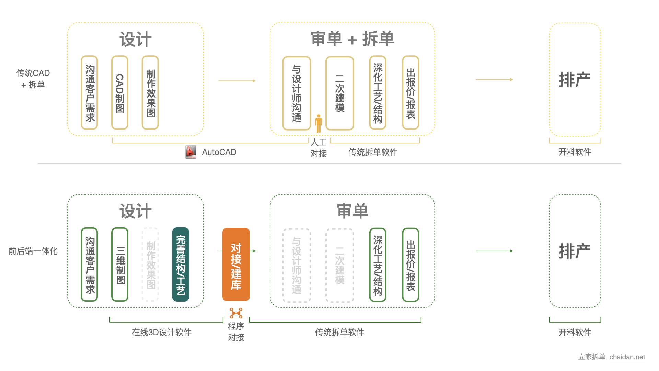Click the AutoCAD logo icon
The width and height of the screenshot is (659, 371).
point(191,152)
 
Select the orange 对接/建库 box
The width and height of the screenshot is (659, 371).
point(236,265)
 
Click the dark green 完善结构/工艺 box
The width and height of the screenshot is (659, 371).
point(181,265)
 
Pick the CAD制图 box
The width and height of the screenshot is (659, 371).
point(120,93)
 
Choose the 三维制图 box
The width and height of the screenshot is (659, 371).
point(120,265)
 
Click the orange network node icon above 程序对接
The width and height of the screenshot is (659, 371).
point(236,313)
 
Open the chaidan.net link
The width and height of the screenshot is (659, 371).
point(627,357)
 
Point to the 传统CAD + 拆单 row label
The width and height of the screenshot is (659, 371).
point(33,79)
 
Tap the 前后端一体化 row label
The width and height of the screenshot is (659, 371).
point(33,251)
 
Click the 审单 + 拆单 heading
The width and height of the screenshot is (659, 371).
point(352,38)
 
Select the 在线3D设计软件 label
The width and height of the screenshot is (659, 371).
point(162,332)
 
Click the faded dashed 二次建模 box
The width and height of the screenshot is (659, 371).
point(340,265)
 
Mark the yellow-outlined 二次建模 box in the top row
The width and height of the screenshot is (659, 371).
point(340,93)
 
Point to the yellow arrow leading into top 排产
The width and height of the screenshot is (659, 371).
point(494,80)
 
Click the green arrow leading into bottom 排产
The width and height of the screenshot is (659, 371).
point(494,251)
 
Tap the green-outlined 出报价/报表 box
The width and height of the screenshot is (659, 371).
point(411,265)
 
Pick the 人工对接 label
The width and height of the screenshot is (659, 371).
point(319,148)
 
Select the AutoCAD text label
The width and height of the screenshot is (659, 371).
point(219,152)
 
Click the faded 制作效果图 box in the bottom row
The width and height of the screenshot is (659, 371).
point(150,265)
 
